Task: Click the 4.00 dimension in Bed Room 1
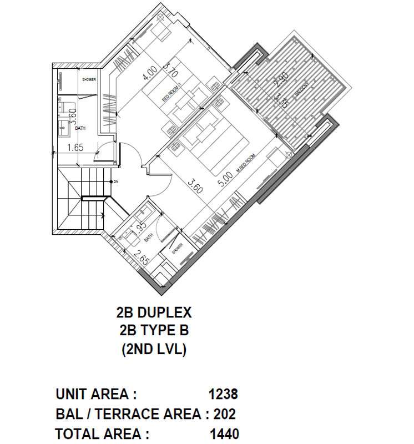(148, 73)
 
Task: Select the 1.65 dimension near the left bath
(75, 148)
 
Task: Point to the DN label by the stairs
(115, 182)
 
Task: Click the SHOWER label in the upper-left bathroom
(89, 79)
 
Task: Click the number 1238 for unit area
(223, 395)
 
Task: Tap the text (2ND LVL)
(154, 350)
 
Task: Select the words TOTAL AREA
(102, 433)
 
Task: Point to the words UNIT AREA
(96, 395)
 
